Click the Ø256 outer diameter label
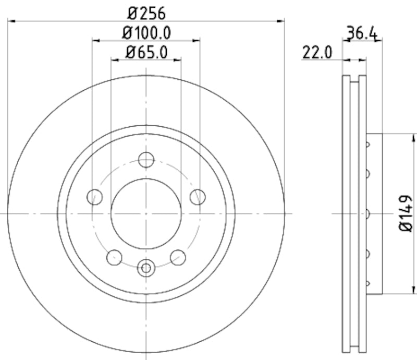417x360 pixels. point(147,11)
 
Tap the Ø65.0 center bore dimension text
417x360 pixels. point(147,52)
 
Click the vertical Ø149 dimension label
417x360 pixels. point(406,213)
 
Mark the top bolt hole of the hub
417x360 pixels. point(146,159)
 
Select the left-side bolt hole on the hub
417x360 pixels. point(95,197)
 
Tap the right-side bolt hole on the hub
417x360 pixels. point(198,197)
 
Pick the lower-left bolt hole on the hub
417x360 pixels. point(114,257)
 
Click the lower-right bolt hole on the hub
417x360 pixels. point(178,257)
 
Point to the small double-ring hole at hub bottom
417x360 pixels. point(146,268)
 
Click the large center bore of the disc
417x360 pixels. point(146,213)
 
